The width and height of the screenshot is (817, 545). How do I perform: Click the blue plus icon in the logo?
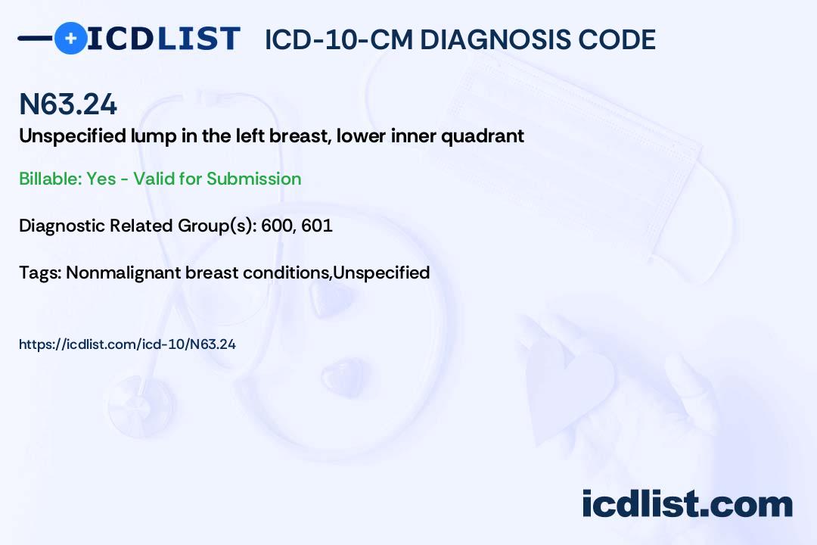pyautogui.click(x=70, y=38)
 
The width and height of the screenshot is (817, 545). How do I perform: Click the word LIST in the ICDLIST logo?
pyautogui.click(x=198, y=39)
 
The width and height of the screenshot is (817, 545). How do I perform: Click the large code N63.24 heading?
pyautogui.click(x=68, y=104)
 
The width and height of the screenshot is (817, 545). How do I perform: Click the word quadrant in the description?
pyautogui.click(x=483, y=137)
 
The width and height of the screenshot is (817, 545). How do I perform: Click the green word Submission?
pyautogui.click(x=253, y=179)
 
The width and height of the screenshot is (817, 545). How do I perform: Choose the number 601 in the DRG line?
pyautogui.click(x=317, y=226)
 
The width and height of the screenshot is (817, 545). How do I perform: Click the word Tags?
pyautogui.click(x=39, y=272)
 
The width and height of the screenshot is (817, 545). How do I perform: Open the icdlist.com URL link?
pyautogui.click(x=127, y=344)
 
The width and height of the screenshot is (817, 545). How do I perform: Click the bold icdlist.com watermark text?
pyautogui.click(x=687, y=504)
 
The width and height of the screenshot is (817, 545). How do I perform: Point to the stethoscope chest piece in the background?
pyautogui.click(x=141, y=404)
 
